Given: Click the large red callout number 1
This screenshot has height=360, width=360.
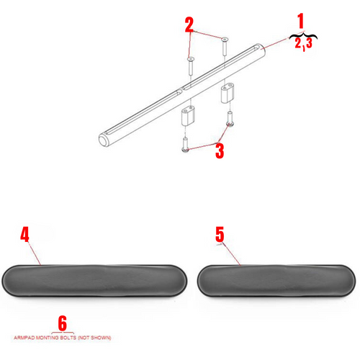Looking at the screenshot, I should point(301,20).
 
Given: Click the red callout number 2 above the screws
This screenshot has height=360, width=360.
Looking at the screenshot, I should point(189,26).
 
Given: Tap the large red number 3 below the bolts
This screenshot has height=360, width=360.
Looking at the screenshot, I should point(219,151).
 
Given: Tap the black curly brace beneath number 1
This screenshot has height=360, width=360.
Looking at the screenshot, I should point(302,35).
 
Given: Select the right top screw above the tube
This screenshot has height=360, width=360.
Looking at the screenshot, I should point(224,47).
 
